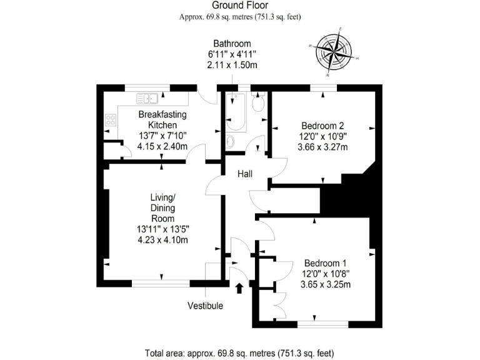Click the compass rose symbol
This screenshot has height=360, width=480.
pos(332,51)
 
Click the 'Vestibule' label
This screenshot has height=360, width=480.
pos(205,306)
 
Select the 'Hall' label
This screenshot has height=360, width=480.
pos(244,174)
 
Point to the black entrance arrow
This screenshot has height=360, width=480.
pos(240,288)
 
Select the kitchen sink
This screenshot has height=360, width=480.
pos(147,97)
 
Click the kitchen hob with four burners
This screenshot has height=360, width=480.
pos(111,119)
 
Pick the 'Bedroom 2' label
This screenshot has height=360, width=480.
pos(323,124)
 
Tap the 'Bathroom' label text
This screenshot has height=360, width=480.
pos(232,44)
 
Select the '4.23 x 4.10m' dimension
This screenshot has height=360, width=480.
pos(162,239)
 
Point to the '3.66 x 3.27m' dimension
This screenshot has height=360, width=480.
pos(323,147)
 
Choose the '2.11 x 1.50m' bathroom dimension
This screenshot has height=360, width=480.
pos(232,65)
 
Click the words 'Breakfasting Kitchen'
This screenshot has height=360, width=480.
pos(162,120)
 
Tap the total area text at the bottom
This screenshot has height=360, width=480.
pos(240,351)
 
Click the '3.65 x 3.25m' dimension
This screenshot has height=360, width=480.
pos(325,284)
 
